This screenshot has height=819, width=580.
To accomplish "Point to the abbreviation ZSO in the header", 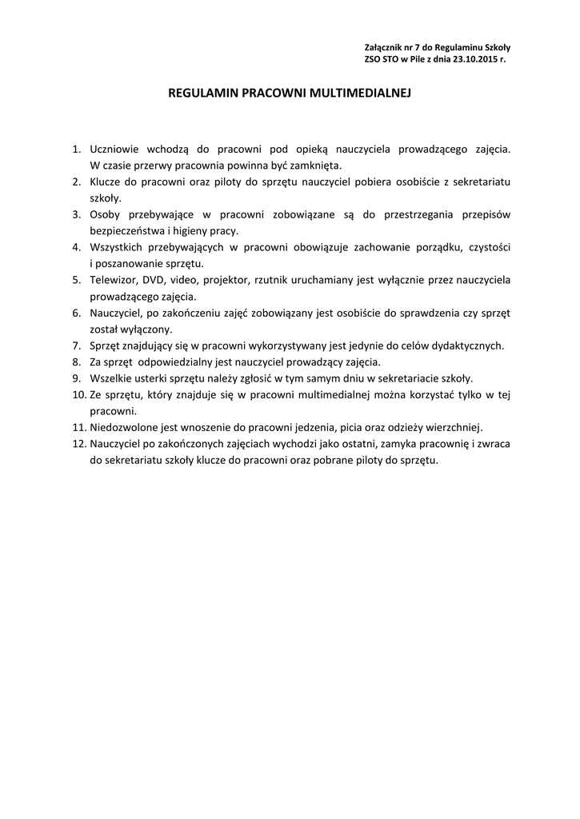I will [373, 59].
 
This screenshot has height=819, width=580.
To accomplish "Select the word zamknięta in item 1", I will [319, 165].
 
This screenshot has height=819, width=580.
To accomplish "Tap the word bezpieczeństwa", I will [130, 230].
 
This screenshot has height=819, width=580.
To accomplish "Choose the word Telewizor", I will [114, 280].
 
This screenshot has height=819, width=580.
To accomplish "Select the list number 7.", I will [76, 346].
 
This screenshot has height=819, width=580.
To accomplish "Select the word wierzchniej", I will [456, 427].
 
